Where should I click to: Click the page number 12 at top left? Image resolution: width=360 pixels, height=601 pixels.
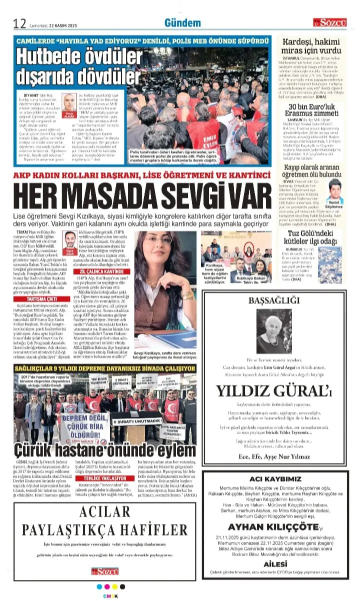[19, 23]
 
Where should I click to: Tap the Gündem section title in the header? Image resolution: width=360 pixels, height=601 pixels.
[182, 23]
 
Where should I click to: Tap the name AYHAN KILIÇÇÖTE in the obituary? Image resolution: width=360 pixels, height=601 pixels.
[273, 526]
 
